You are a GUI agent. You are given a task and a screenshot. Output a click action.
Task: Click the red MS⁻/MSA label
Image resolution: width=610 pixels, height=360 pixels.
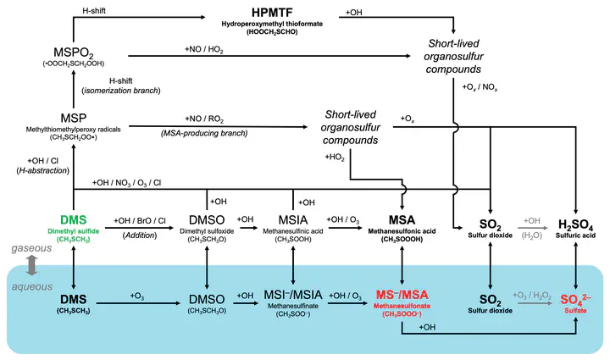coord(399,294)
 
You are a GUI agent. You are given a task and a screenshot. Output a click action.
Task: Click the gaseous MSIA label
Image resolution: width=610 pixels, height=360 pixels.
coord(293,219)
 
